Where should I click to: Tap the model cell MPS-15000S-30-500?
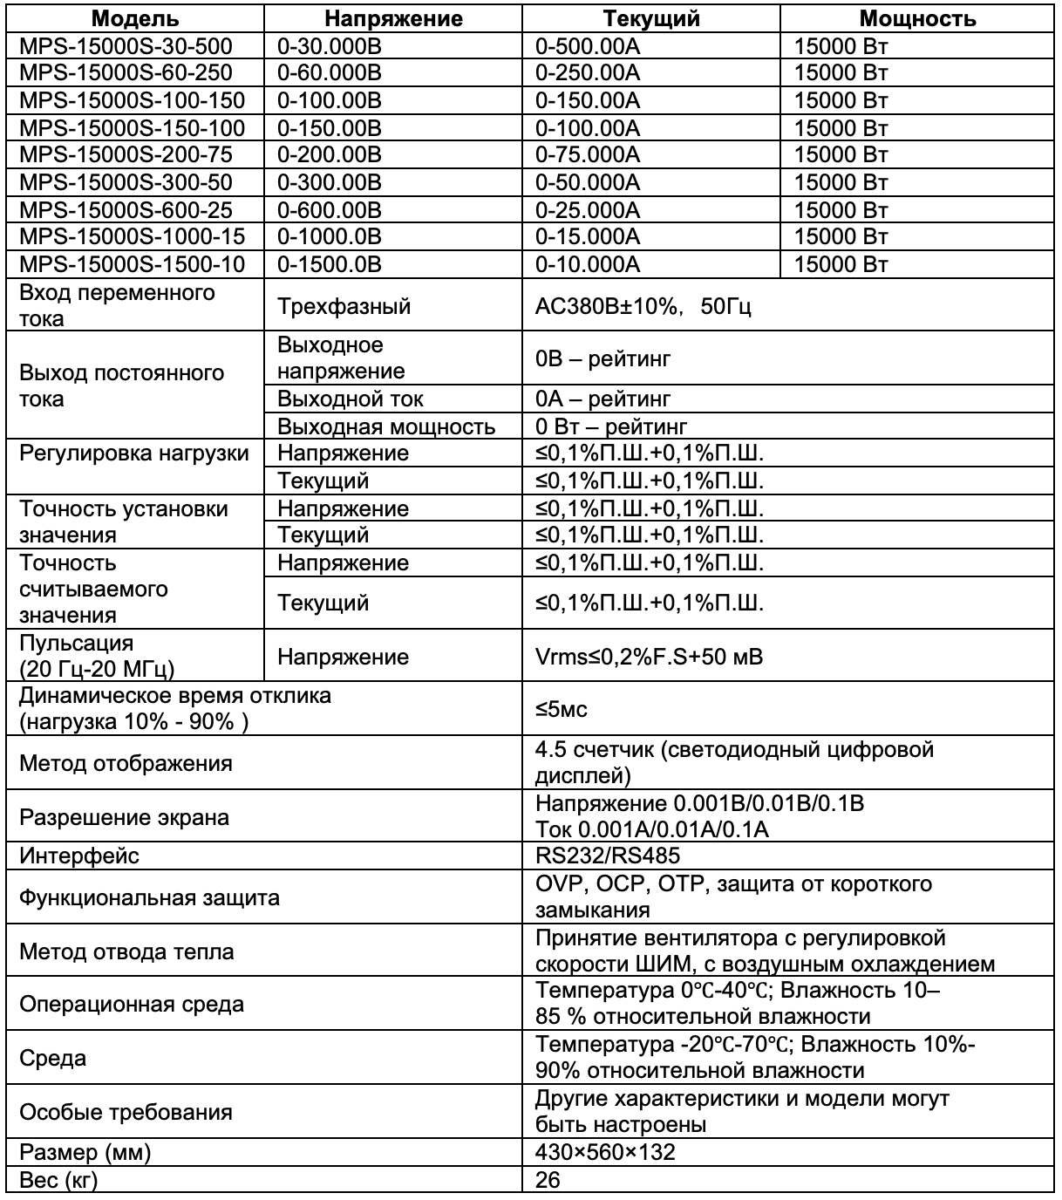pyautogui.click(x=126, y=46)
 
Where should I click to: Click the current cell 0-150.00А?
pyautogui.click(x=588, y=100)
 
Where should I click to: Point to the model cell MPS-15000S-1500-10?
pyautogui.click(x=132, y=263)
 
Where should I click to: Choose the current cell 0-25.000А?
pyautogui.click(x=588, y=209)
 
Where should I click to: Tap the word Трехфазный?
pyautogui.click(x=344, y=307)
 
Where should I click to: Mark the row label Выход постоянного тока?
pyautogui.click(x=122, y=385)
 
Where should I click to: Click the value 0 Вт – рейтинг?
pyautogui.click(x=611, y=426)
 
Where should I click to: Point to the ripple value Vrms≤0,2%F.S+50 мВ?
pyautogui.click(x=649, y=657)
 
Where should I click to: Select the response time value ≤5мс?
pyautogui.click(x=562, y=709)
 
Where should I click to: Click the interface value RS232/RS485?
pyautogui.click(x=608, y=856)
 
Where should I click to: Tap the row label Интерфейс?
pyautogui.click(x=79, y=856)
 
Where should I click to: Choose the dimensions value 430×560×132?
pyautogui.click(x=605, y=1152)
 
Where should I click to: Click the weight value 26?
pyautogui.click(x=548, y=1180)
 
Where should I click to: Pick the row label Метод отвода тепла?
pyautogui.click(x=126, y=951)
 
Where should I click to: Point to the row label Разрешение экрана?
pyautogui.click(x=124, y=817)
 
